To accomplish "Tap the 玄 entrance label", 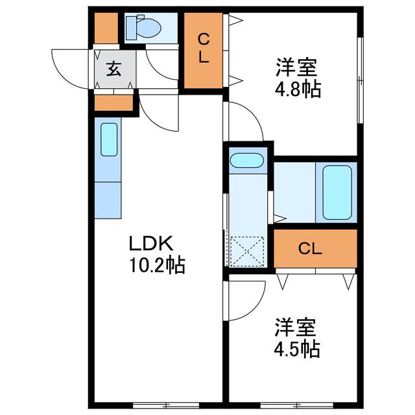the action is tap(114, 69).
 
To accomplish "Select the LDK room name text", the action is tap(151, 243).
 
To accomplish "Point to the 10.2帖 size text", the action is tap(157, 265).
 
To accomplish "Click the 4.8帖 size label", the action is tap(298, 89).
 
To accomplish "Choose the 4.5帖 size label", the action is tap(297, 349).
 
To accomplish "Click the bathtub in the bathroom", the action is tap(337, 193).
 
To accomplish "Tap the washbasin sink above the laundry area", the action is tap(246, 160).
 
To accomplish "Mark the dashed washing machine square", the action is tap(247, 252).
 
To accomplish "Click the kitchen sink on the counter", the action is tap(109, 139).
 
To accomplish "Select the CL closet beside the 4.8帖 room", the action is tap(203, 51).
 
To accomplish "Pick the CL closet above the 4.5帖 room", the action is tap(315, 248).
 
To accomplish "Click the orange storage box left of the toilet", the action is tap(106, 28).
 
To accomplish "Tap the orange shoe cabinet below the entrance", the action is tap(113, 103).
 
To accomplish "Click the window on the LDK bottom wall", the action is tap(166, 405).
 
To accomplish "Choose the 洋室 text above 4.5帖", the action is tap(296, 327).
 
